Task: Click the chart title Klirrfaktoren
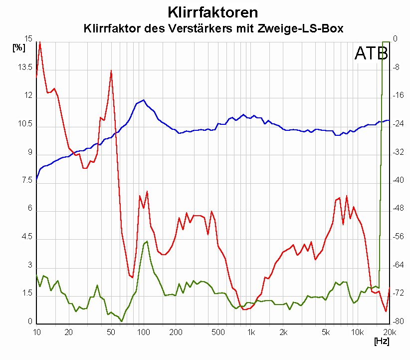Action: pos(213,11)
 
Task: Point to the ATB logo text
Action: pos(370,53)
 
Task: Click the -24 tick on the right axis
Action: pos(400,124)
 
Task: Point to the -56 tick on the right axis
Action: pos(400,237)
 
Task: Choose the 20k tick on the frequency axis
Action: pos(389,332)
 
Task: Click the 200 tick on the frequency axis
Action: pos(175,332)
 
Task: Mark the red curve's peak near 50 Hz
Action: pos(111,71)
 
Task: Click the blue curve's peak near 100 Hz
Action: pos(144,100)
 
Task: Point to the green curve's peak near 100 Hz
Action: pos(147,242)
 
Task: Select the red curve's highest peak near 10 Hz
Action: pos(40,42)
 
